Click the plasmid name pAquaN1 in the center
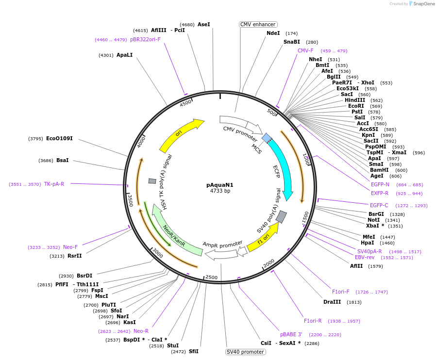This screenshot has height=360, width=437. tap(220, 185)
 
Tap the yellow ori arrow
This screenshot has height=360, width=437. tap(180, 134)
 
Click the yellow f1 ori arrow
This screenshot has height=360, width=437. tap(263, 238)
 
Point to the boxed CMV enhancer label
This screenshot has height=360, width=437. tap(258, 24)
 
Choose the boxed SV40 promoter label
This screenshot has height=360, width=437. tap(245, 352)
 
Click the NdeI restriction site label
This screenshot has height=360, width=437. tap(273, 33)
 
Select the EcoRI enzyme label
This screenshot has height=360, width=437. tap(355, 106)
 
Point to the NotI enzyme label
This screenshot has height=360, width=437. tap(373, 220)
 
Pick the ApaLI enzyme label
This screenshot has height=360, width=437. tap(124, 55)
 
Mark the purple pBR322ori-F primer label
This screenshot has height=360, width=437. tap(145, 40)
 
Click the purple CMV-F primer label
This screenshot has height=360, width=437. tap(305, 50)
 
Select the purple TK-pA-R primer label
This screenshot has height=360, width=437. tap(54, 184)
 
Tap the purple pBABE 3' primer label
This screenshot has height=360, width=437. tap(291, 334)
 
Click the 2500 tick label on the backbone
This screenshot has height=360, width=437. tap(212, 277)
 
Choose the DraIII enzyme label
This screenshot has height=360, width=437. tap(332, 302)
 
